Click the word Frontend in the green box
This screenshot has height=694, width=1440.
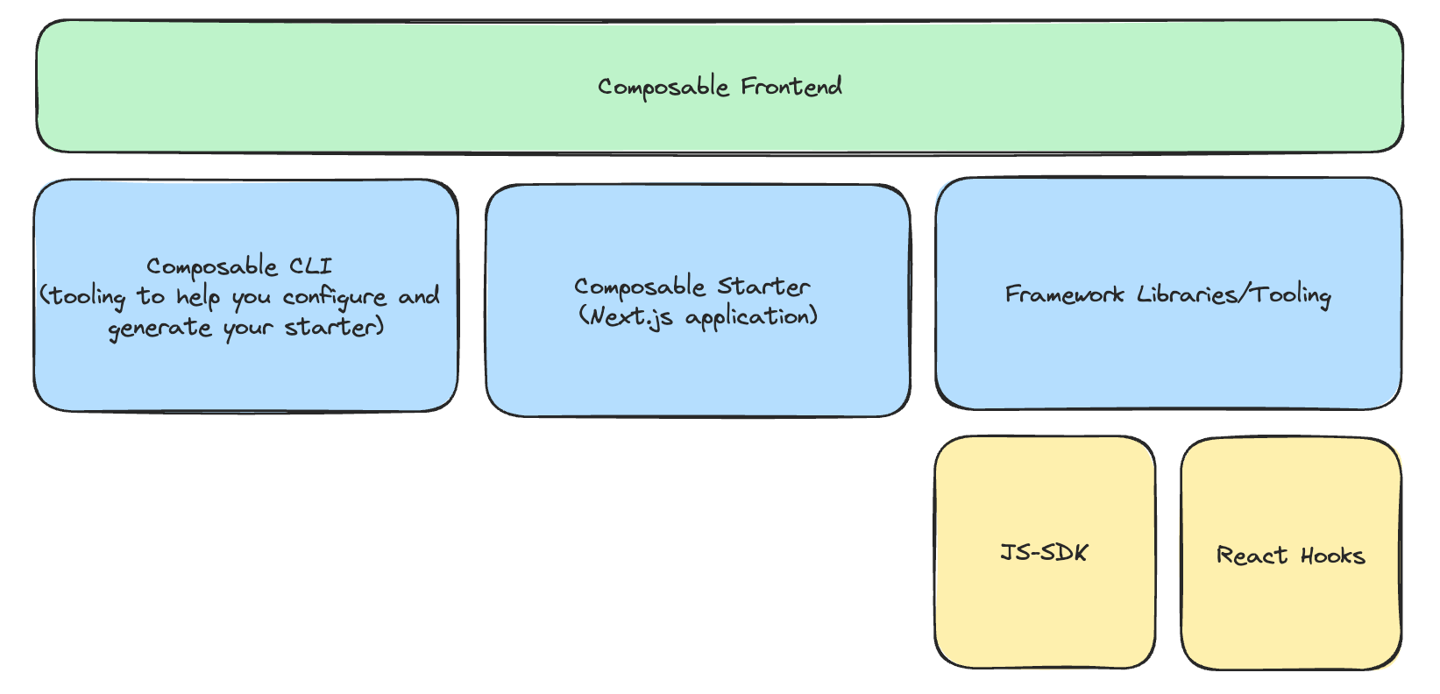click(791, 86)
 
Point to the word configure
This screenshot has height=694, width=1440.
click(335, 298)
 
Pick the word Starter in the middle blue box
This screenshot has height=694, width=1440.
click(763, 287)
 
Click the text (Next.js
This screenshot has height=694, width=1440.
click(626, 316)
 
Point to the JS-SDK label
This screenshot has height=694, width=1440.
click(1044, 553)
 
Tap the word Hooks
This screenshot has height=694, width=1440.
click(1332, 556)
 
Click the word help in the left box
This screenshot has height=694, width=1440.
click(197, 297)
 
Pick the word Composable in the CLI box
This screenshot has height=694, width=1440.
click(211, 266)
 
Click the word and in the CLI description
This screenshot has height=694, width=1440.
click(419, 296)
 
